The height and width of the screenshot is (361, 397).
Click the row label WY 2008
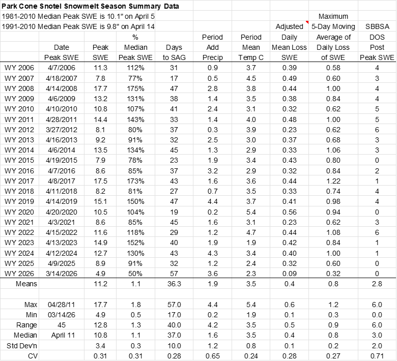click(19, 88)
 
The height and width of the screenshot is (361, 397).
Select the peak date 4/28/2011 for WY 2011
click(62, 119)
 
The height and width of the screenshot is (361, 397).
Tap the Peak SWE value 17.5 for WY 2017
click(100, 181)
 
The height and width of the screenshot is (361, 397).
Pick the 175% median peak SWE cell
click(135, 88)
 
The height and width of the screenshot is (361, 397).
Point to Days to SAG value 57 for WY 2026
click(174, 274)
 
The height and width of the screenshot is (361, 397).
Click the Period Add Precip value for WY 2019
click(212, 202)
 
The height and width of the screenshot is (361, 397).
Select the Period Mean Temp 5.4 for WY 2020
click(251, 212)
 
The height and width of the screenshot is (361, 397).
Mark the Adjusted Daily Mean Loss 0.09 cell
click(290, 274)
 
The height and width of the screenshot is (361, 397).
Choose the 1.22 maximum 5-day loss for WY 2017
click(333, 181)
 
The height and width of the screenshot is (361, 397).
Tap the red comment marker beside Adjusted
click(307, 22)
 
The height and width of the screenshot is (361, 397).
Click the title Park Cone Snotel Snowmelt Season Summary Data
click(90, 6)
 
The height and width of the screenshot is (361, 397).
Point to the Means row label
click(26, 284)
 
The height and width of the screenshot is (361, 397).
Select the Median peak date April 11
click(63, 336)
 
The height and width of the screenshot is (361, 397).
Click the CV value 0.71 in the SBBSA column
click(377, 356)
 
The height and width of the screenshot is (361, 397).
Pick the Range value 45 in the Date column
click(62, 325)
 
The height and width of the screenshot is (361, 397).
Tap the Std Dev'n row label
click(22, 346)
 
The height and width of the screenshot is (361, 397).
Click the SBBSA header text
click(377, 26)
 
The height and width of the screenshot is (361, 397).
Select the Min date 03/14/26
click(62, 315)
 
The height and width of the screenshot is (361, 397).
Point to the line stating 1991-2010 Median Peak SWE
click(78, 26)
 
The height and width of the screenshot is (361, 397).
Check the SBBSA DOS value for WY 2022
click(377, 232)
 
